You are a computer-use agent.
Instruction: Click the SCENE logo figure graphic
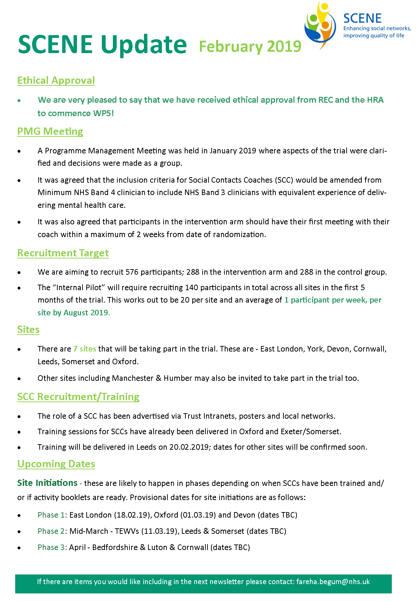[x=320, y=25]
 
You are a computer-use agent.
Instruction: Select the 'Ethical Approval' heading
[x=56, y=80]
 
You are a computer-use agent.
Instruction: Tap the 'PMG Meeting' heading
[x=50, y=131]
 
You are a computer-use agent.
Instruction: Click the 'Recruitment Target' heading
[x=63, y=253]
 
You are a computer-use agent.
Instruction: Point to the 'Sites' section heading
[x=28, y=329]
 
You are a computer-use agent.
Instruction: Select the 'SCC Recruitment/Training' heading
[x=78, y=397]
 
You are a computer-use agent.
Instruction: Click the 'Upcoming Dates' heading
[x=56, y=464]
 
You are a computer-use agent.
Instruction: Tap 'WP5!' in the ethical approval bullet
[x=104, y=113]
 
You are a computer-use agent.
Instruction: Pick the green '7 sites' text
[x=85, y=349]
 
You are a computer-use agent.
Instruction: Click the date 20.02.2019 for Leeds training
[x=189, y=447]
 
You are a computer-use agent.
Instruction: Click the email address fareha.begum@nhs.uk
[x=333, y=582]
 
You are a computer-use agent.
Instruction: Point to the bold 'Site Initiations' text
[x=47, y=483]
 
